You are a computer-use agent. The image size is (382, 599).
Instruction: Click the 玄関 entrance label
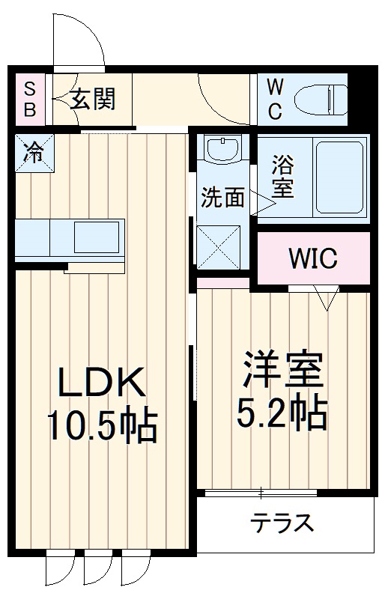click(94, 98)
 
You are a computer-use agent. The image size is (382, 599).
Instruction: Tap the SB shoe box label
click(29, 99)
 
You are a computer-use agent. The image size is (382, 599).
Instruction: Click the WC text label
click(275, 99)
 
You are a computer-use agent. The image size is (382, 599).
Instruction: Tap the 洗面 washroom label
click(222, 197)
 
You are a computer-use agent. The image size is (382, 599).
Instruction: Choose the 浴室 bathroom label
click(282, 176)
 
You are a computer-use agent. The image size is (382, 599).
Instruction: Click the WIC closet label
click(313, 259)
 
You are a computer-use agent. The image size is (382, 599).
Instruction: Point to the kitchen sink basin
click(97, 238)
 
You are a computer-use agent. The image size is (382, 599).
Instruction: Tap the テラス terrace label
click(282, 522)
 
